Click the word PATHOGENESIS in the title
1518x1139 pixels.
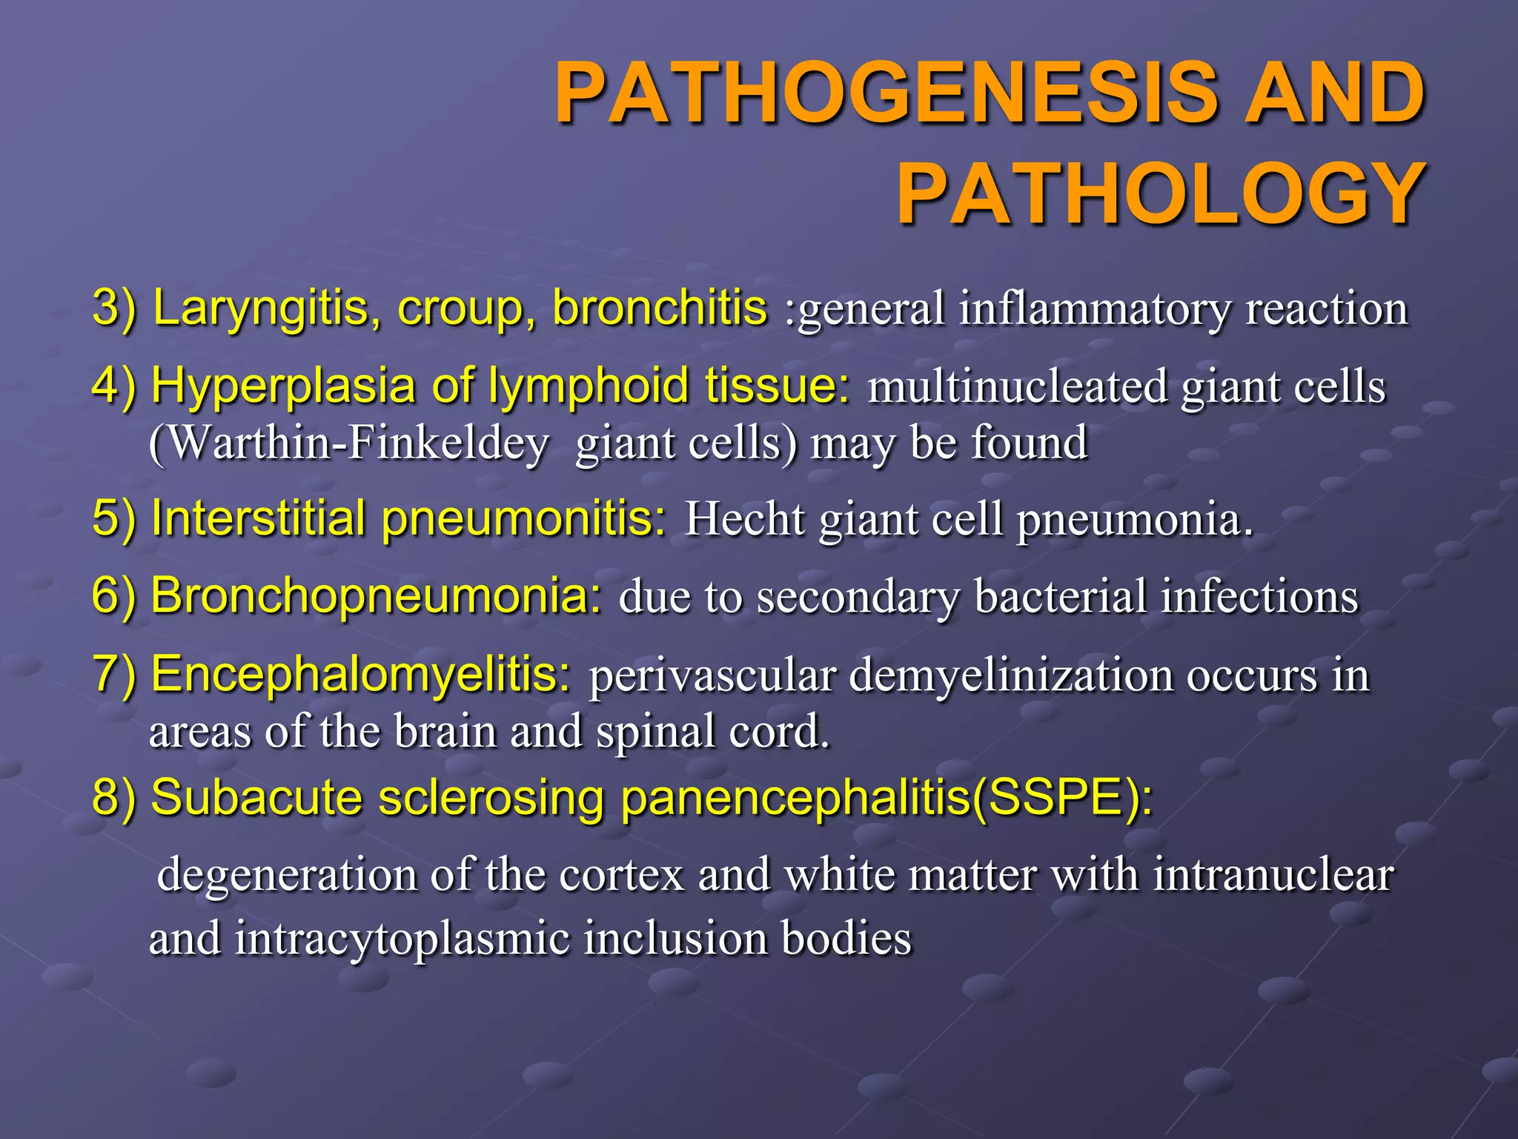[x=886, y=93]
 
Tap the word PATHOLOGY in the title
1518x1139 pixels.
[x=1161, y=194]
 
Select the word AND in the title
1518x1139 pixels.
[x=1334, y=93]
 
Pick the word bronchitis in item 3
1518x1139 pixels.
[x=660, y=308]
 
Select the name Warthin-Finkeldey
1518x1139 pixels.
[x=349, y=443]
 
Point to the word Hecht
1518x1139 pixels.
[x=744, y=518]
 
